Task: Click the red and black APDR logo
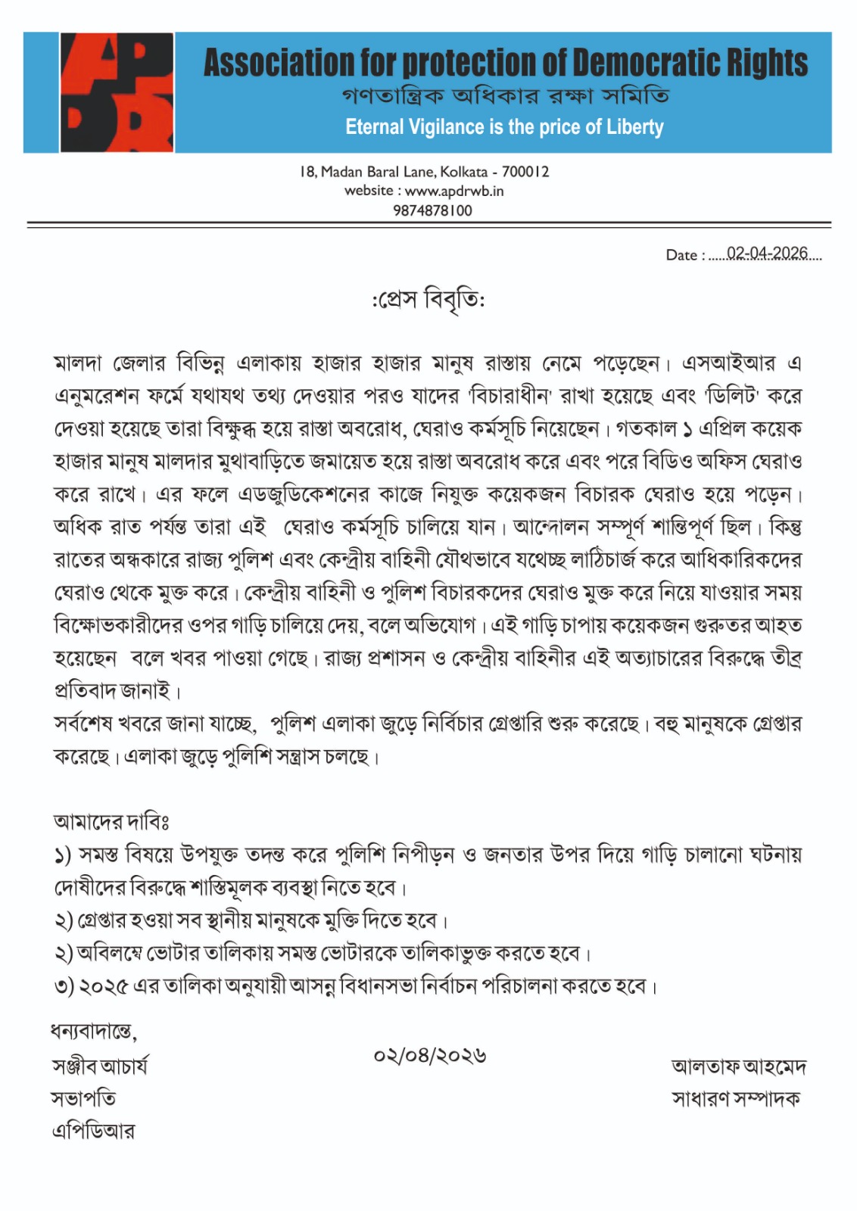coord(117,92)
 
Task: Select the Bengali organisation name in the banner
coord(505,96)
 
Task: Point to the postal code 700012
coord(525,172)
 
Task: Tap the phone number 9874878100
coord(432,210)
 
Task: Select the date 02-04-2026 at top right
coord(767,253)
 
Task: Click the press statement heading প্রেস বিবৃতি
coord(428,300)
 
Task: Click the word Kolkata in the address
coord(463,172)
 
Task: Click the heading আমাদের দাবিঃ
coord(111,821)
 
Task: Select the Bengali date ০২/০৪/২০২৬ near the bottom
coord(429,1055)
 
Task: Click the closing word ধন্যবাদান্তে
coord(93,1032)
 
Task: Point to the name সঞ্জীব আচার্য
coord(100,1066)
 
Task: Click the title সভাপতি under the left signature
coord(84,1098)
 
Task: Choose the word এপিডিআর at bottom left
coord(93,1132)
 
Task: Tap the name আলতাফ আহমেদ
coord(738,1066)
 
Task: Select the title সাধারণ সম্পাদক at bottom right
coord(735,1098)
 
